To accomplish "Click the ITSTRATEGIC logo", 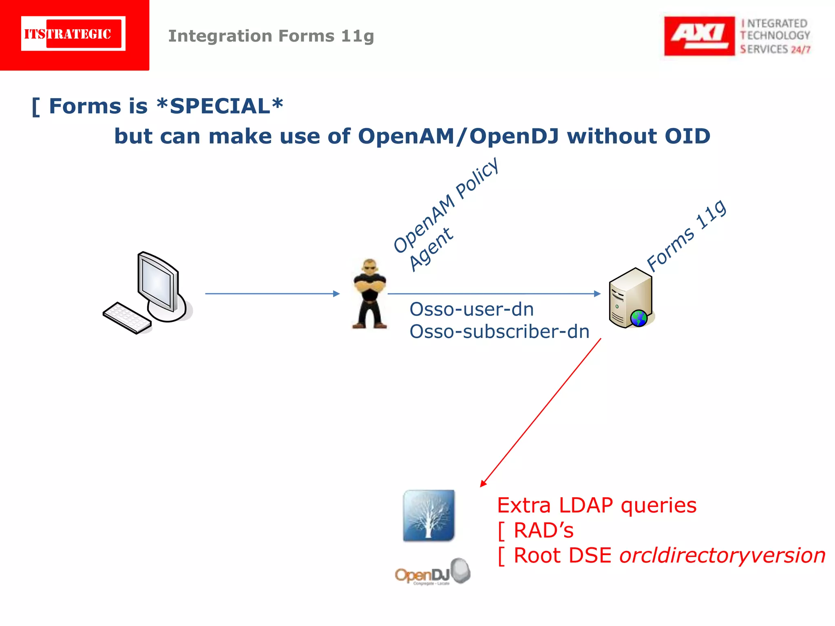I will pyautogui.click(x=73, y=34).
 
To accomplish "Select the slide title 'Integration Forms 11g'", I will pyautogui.click(x=271, y=36).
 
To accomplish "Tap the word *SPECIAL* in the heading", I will pyautogui.click(x=220, y=106).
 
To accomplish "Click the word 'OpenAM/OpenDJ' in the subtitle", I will pyautogui.click(x=458, y=136).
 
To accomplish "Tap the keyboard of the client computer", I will pyautogui.click(x=127, y=317).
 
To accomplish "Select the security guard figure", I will pyautogui.click(x=369, y=293).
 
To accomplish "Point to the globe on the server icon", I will pyautogui.click(x=639, y=318).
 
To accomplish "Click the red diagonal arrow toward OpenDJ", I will pyautogui.click(x=541, y=412).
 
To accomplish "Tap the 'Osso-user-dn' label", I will pyautogui.click(x=472, y=309).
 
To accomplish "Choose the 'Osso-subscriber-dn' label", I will pyautogui.click(x=499, y=332).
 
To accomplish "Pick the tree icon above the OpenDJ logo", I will pyautogui.click(x=429, y=515).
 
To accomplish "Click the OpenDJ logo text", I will pyautogui.click(x=422, y=575).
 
